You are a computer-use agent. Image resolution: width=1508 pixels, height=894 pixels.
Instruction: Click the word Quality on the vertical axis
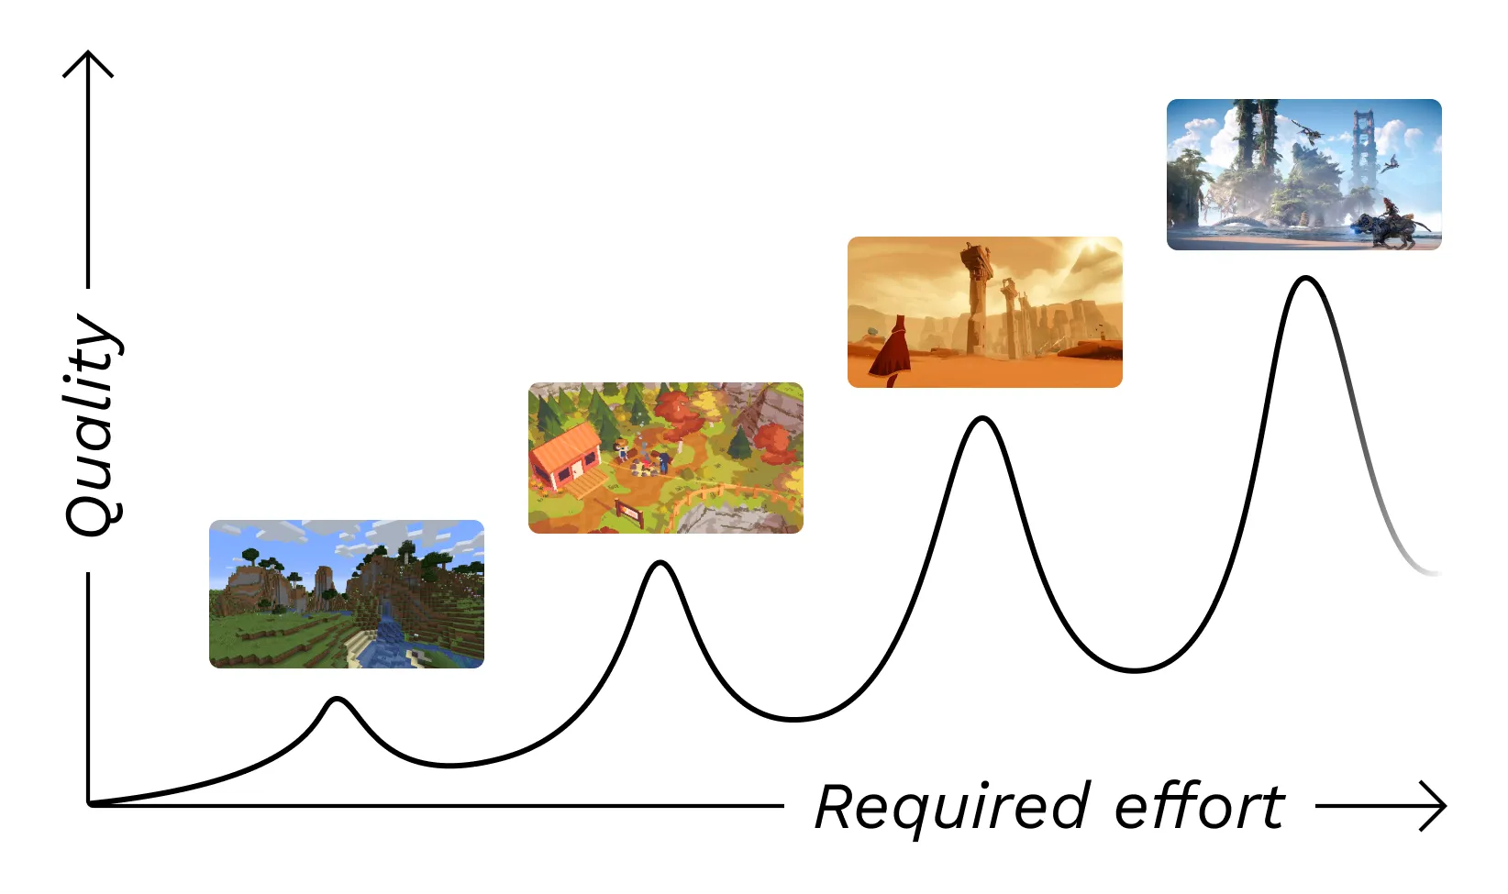pos(92,426)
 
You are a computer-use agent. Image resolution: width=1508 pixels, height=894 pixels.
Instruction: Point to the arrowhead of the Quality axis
pos(88,57)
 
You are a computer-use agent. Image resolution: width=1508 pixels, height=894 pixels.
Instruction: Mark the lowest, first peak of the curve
pos(338,700)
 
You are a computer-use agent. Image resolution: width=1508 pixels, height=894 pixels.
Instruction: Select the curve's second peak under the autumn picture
pos(660,563)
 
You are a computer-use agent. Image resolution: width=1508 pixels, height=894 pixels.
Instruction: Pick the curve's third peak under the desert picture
pos(982,419)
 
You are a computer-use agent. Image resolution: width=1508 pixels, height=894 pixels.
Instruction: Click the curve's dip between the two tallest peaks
pos(1136,670)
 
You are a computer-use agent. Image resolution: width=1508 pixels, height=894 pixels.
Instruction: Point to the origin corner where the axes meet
pos(89,805)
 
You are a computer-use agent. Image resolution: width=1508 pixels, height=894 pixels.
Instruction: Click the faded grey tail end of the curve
pos(1426,570)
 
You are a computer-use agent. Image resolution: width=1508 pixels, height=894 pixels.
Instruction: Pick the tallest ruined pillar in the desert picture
pos(976,293)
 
